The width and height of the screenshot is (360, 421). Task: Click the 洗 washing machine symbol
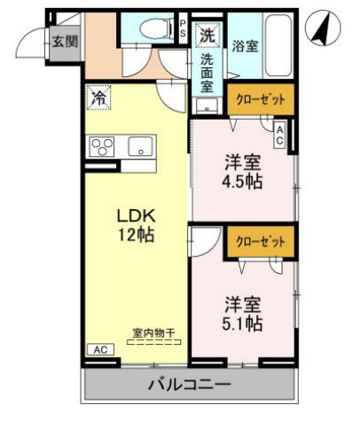pyautogui.click(x=207, y=37)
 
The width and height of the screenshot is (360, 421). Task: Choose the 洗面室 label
pyautogui.click(x=207, y=74)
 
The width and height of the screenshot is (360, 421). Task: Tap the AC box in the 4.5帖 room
pyautogui.click(x=279, y=136)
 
